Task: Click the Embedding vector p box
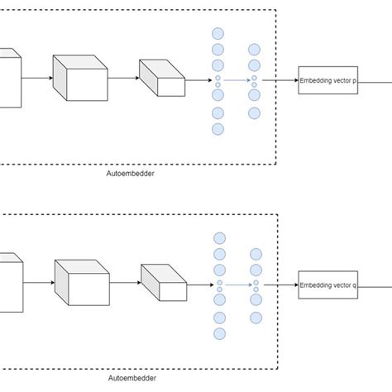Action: click(x=328, y=81)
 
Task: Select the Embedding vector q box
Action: click(x=328, y=285)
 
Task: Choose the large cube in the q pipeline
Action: click(x=82, y=282)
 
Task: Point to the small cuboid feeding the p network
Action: click(x=162, y=77)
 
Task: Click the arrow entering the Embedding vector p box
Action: click(x=286, y=81)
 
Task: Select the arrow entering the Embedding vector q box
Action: click(x=286, y=285)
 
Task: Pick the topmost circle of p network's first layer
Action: click(x=218, y=34)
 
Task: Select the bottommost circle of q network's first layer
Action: click(x=219, y=333)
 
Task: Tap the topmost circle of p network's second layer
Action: click(x=254, y=50)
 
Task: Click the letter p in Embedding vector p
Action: click(x=355, y=82)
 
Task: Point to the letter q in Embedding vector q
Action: click(x=355, y=286)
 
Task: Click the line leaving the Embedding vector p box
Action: click(x=375, y=81)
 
